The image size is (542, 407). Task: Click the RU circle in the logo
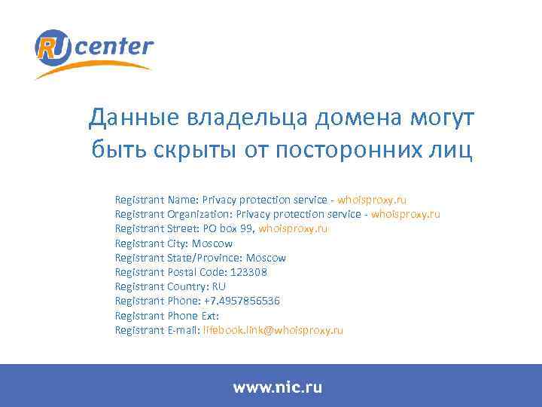pos(53,47)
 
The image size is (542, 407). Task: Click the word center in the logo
pos(114,47)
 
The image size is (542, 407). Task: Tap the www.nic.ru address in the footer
pos(277,387)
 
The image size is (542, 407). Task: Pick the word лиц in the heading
pos(451,150)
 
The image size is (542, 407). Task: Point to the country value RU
pos(219,286)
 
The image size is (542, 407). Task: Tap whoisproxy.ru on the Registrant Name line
pos(372,200)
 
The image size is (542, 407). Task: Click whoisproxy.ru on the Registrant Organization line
pos(406,214)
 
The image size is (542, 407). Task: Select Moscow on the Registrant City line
pos(212,243)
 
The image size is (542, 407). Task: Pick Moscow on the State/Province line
pos(266,258)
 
